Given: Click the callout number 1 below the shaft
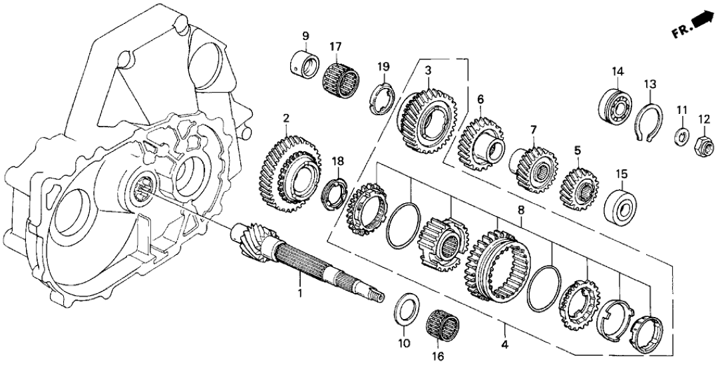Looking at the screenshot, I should coord(299,292).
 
